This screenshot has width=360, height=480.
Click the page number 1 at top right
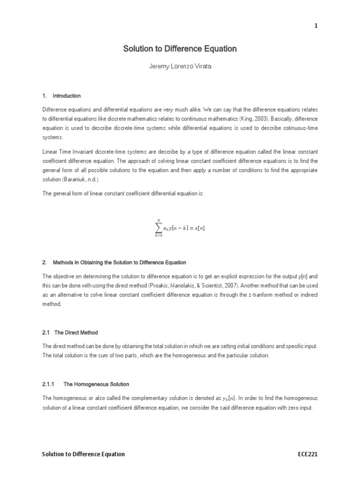(x=316, y=26)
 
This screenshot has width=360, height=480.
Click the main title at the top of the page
(x=180, y=49)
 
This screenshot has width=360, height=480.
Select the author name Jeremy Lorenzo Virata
(x=180, y=67)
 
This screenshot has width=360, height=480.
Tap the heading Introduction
(x=67, y=96)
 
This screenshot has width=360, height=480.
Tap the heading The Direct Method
(x=76, y=332)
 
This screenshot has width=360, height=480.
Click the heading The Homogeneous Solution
(x=96, y=384)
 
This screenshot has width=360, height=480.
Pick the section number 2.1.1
(x=49, y=384)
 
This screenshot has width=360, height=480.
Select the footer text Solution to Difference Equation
(x=83, y=454)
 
